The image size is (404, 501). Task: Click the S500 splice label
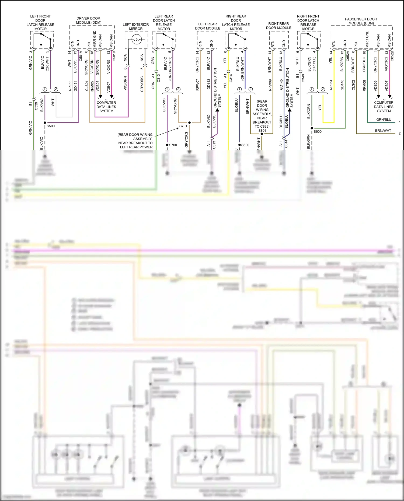(x=51, y=126)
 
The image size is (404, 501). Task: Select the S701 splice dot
(x=189, y=122)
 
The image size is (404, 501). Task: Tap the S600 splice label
(x=318, y=132)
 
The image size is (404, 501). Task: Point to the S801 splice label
(x=262, y=131)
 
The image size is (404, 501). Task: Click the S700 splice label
(x=173, y=145)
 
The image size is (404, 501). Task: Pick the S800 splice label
(x=245, y=145)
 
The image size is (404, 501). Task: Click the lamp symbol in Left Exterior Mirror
(x=137, y=40)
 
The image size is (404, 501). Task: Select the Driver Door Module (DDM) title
(x=88, y=20)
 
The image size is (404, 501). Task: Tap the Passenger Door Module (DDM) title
(x=361, y=21)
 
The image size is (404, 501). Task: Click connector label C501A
(x=81, y=56)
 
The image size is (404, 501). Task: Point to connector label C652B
(x=392, y=56)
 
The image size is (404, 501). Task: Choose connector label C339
(x=36, y=106)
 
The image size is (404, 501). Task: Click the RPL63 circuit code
(x=70, y=86)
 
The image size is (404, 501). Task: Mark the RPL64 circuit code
(x=331, y=85)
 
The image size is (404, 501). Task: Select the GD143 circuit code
(x=208, y=84)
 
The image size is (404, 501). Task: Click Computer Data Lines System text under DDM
(x=106, y=107)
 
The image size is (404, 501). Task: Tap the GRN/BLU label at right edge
(x=384, y=120)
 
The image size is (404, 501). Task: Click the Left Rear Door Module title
(x=207, y=26)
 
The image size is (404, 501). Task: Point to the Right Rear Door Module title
(x=278, y=26)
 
